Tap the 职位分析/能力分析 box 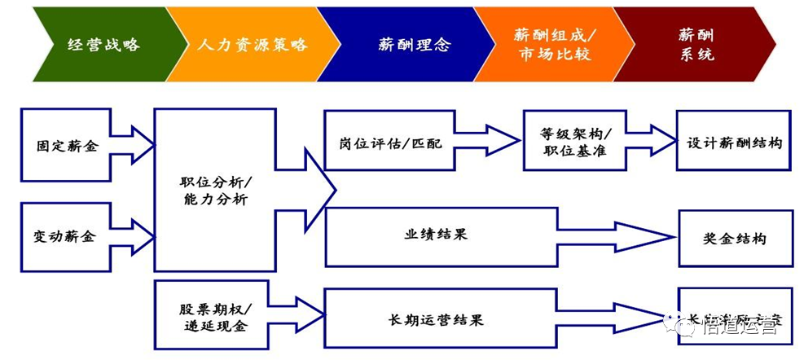[x=215, y=190]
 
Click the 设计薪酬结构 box [x=733, y=142]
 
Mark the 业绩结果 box [x=440, y=236]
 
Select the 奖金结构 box [x=734, y=239]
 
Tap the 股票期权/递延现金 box [x=215, y=317]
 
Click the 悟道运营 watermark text [x=737, y=326]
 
